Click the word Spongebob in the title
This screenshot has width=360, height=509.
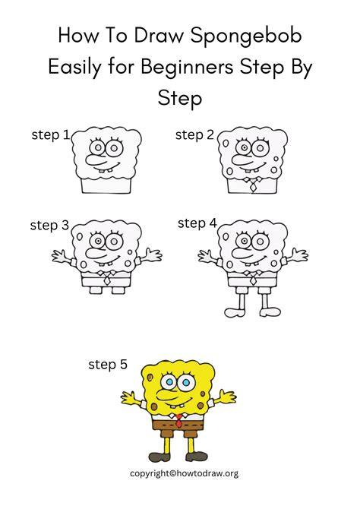pyautogui.click(x=246, y=36)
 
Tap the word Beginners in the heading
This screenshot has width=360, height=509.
pyautogui.click(x=187, y=68)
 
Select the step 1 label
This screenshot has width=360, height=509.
pyautogui.click(x=51, y=135)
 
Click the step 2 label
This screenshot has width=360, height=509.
pyautogui.click(x=194, y=135)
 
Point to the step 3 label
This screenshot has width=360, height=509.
pyautogui.click(x=49, y=226)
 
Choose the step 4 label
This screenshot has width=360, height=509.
pyautogui.click(x=197, y=223)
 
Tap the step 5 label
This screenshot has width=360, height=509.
pyautogui.click(x=108, y=365)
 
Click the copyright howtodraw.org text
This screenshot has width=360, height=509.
pyautogui.click(x=184, y=473)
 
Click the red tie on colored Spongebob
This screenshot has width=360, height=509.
pyautogui.click(x=178, y=421)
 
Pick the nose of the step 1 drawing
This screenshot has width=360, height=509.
pyautogui.click(x=96, y=158)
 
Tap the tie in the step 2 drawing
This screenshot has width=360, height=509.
pyautogui.click(x=252, y=185)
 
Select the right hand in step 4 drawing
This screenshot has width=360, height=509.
pyautogui.click(x=299, y=255)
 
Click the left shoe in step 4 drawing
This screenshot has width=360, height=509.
pyautogui.click(x=235, y=312)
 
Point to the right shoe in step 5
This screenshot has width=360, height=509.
pyautogui.click(x=197, y=457)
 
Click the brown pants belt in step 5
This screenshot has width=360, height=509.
pyautogui.click(x=178, y=424)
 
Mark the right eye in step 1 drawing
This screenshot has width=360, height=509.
pyautogui.click(x=114, y=148)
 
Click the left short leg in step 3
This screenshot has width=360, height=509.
pyautogui.click(x=95, y=290)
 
